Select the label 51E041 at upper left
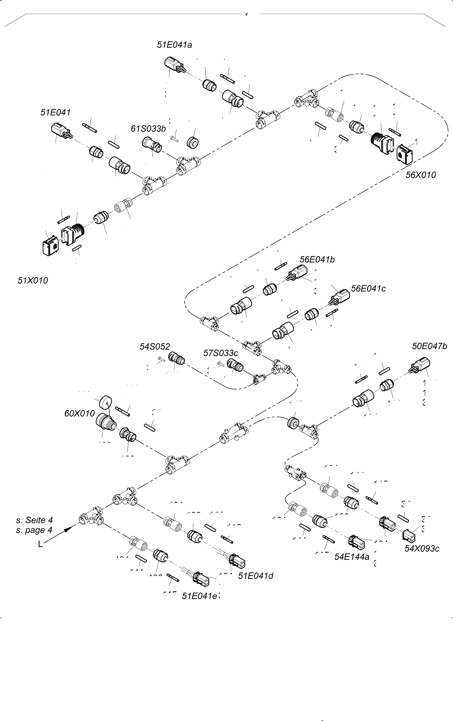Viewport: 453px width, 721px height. [55, 113]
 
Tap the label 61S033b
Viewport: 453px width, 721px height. [148, 129]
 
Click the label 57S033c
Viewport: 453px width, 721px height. [221, 353]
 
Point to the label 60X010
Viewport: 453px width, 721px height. [79, 414]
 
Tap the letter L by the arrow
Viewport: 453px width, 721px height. [40, 544]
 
